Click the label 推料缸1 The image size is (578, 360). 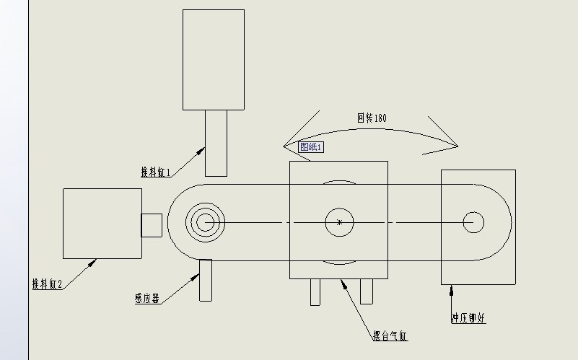156,172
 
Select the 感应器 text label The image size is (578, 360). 146,297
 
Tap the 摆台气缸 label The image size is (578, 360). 390,335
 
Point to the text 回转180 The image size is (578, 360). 372,118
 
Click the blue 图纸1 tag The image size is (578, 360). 312,146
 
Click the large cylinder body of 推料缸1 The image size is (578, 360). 214,59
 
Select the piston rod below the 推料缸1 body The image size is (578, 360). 216,142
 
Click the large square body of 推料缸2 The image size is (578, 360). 102,223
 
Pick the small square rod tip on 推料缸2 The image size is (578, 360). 152,224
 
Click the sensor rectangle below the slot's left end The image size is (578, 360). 206,280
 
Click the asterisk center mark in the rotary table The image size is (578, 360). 339,223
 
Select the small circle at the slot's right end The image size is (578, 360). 473,222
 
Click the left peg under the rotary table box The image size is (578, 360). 315,291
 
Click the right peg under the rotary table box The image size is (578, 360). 367,291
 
